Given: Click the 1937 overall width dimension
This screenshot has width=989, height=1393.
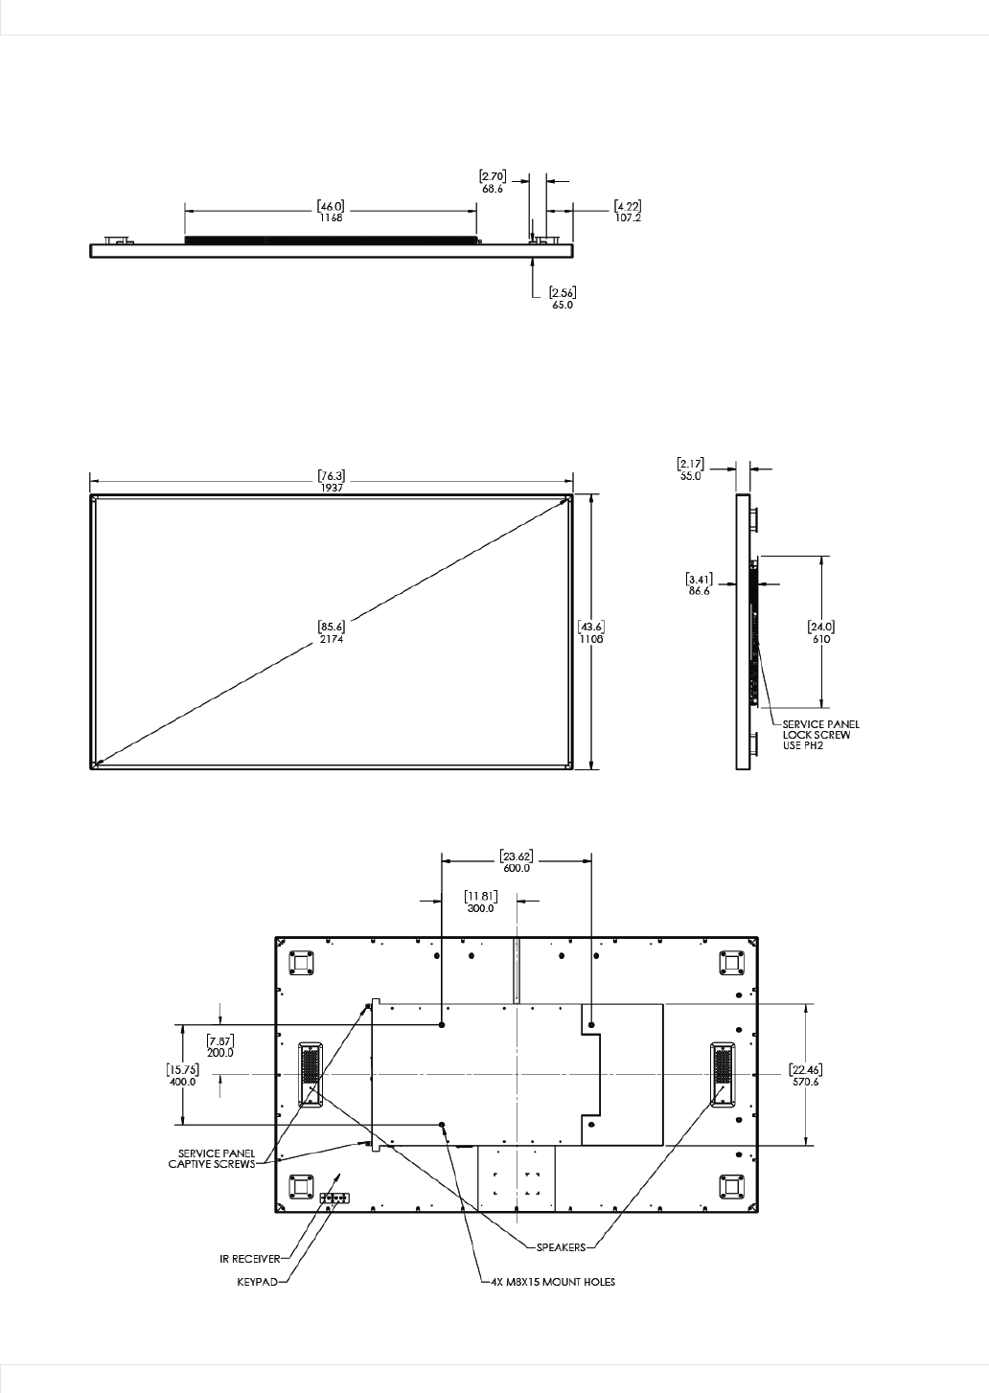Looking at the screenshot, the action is pyautogui.click(x=332, y=489).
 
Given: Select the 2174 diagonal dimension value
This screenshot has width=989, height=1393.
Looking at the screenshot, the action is pyautogui.click(x=332, y=639).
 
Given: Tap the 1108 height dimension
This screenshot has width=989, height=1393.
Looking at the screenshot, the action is pyautogui.click(x=591, y=639).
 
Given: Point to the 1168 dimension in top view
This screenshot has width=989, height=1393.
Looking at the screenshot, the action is pyautogui.click(x=331, y=217).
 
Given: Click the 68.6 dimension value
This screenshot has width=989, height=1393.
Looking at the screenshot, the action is pyautogui.click(x=492, y=189).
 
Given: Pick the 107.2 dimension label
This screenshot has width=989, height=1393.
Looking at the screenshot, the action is pyautogui.click(x=628, y=217).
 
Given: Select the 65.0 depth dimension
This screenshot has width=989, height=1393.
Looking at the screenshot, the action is pyautogui.click(x=563, y=306).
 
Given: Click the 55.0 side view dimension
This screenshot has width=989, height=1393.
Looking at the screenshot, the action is pyautogui.click(x=690, y=476).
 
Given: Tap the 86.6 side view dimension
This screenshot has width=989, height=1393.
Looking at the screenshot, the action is pyautogui.click(x=700, y=591).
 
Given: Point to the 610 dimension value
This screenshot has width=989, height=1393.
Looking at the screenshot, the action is pyautogui.click(x=821, y=639).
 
